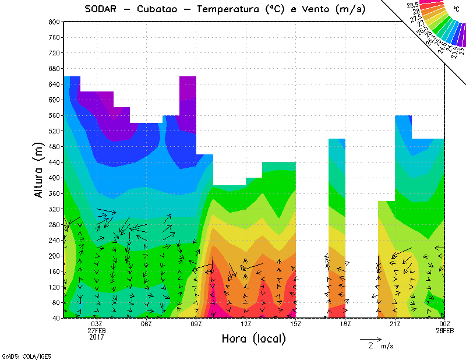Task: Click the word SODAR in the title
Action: tap(103, 9)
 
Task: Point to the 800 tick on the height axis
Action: tap(54, 22)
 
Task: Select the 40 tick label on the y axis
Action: tap(55, 319)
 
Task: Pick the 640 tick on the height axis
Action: tap(54, 84)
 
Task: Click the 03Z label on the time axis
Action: tap(97, 324)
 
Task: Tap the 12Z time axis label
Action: tap(246, 324)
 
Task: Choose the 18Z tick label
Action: tap(345, 324)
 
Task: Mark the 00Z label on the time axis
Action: tap(444, 324)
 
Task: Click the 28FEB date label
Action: tap(444, 330)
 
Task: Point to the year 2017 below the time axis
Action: tap(97, 337)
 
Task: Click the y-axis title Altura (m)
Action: tap(40, 170)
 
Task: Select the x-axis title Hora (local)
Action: tap(253, 338)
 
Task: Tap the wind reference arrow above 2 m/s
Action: tap(370, 338)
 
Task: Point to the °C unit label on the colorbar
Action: tap(456, 9)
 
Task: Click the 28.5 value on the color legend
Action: tap(414, 5)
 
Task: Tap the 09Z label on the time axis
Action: tap(196, 324)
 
